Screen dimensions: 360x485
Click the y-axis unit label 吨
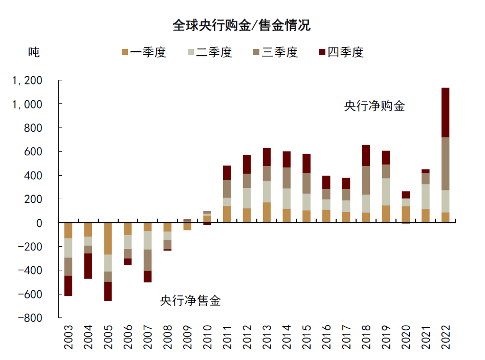34,52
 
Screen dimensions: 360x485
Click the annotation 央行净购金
374,107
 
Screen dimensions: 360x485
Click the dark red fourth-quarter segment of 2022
445,113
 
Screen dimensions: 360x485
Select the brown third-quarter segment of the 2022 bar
445,164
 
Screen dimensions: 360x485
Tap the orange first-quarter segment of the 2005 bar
108,239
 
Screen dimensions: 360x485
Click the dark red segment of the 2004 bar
88,266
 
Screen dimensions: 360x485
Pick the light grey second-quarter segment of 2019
386,192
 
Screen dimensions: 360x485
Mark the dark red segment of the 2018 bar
366,155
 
